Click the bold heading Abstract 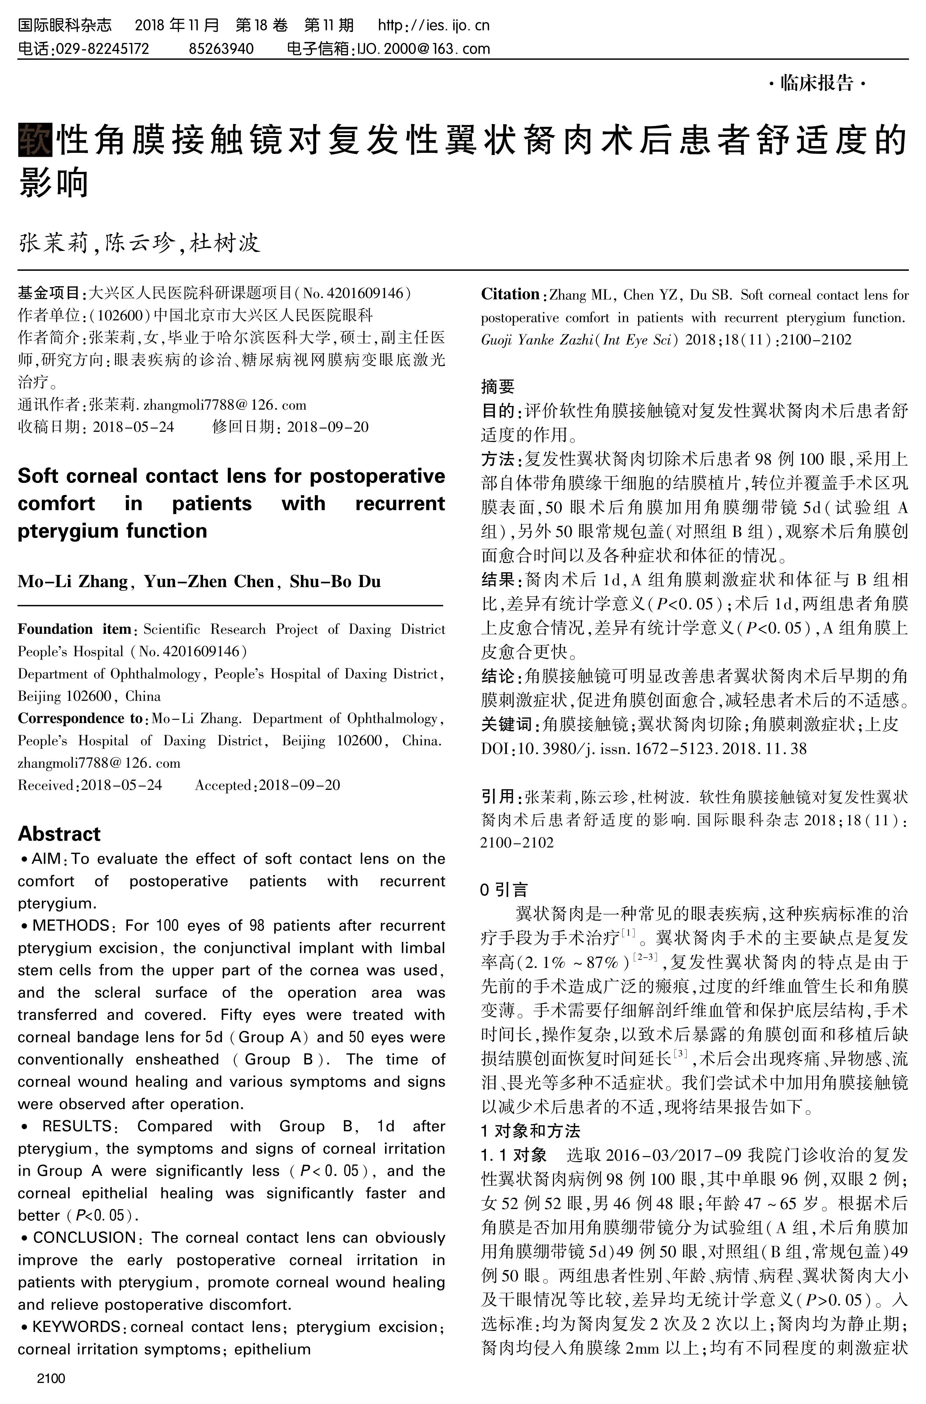pyautogui.click(x=59, y=833)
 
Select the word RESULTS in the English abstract pyautogui.click(x=77, y=1126)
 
